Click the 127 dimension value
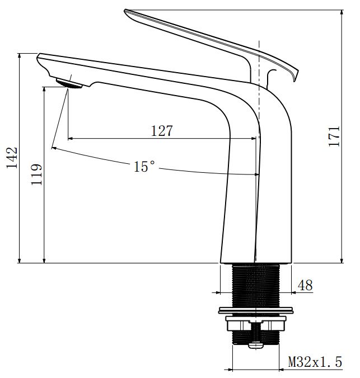[x=162, y=131]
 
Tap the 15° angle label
[x=144, y=166]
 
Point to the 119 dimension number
[x=36, y=174]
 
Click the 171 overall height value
[x=334, y=136]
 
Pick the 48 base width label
[x=305, y=285]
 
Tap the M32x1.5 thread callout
[x=315, y=362]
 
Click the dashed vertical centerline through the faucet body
[x=259, y=112]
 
